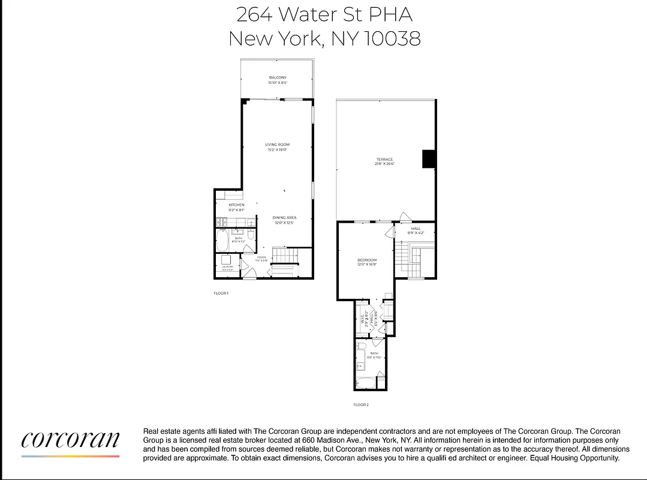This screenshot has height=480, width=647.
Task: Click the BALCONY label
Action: (x=278, y=77)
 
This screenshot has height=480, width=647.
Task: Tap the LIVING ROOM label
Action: (x=278, y=145)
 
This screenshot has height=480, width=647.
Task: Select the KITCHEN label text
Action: (x=236, y=205)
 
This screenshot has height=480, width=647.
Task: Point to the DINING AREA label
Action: (x=284, y=218)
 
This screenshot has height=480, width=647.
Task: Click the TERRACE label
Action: (x=385, y=159)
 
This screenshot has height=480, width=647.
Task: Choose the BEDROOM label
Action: (x=367, y=260)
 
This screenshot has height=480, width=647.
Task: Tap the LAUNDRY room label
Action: (x=228, y=266)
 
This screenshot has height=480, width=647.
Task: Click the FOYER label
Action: (x=261, y=257)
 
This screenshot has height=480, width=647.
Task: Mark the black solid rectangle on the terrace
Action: (x=428, y=159)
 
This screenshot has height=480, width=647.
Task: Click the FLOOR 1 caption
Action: (x=221, y=293)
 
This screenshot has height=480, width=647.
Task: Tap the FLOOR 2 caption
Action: (x=361, y=405)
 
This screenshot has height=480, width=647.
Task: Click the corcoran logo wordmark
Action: (x=70, y=440)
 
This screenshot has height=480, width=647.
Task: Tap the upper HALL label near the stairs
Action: (x=416, y=229)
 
